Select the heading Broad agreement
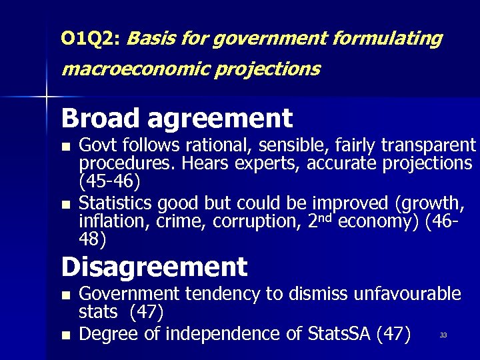pyautogui.click(x=177, y=119)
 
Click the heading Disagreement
pyautogui.click(x=154, y=267)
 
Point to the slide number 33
pyautogui.click(x=443, y=335)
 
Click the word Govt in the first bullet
pyautogui.click(x=95, y=145)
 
